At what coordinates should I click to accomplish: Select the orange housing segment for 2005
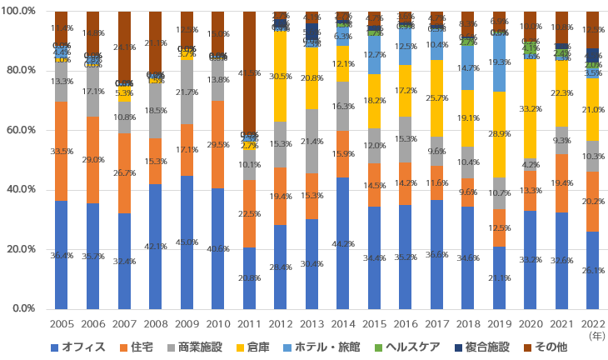pyautogui.click(x=61, y=151)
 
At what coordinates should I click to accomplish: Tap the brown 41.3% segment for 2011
pyautogui.click(x=249, y=72)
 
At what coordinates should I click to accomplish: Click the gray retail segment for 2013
pyautogui.click(x=311, y=141)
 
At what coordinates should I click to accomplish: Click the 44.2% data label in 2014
pyautogui.click(x=343, y=243)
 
